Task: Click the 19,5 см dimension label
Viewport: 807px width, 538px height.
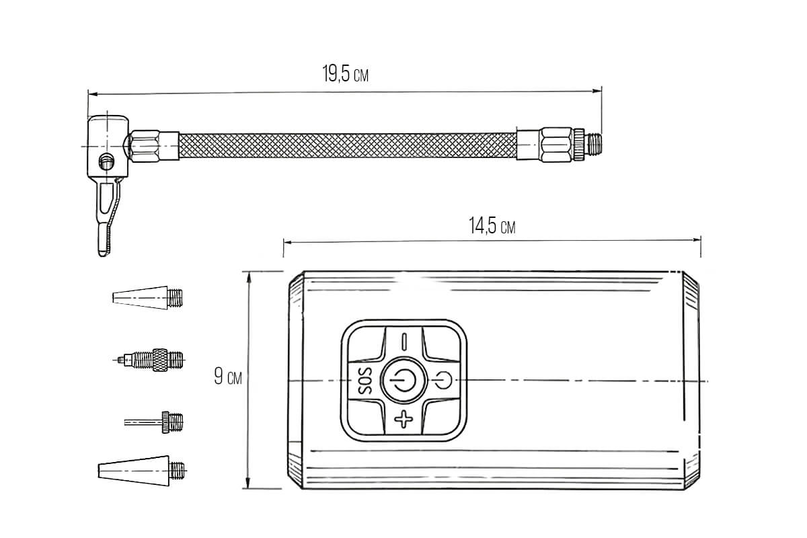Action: coord(345,74)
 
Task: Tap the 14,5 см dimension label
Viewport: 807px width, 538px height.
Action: coord(492,225)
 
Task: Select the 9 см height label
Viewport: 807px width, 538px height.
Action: coord(228,376)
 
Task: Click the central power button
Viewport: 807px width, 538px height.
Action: coord(404,381)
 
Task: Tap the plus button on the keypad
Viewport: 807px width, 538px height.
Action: coord(403,419)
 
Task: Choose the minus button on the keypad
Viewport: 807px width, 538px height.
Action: coord(404,342)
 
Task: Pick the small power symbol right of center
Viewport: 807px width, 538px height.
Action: coord(443,381)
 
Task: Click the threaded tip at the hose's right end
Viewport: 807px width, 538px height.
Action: coord(593,145)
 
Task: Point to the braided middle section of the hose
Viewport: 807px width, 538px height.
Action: coord(348,145)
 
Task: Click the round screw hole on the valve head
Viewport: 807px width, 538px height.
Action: coord(106,160)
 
